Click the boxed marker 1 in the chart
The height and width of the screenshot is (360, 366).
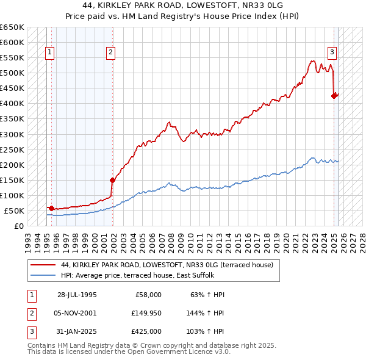click(49, 52)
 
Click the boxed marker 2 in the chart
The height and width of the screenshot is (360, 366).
click(110, 52)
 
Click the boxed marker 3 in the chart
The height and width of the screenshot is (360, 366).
click(332, 52)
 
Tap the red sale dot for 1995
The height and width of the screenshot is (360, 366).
click(51, 208)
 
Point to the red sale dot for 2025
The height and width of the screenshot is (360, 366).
click(334, 96)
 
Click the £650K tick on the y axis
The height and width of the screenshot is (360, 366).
click(12, 27)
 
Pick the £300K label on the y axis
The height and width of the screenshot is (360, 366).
click(12, 134)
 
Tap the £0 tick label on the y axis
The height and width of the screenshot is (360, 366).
click(18, 226)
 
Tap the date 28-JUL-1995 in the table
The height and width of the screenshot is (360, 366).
click(77, 295)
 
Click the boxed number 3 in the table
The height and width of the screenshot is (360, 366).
click(31, 331)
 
